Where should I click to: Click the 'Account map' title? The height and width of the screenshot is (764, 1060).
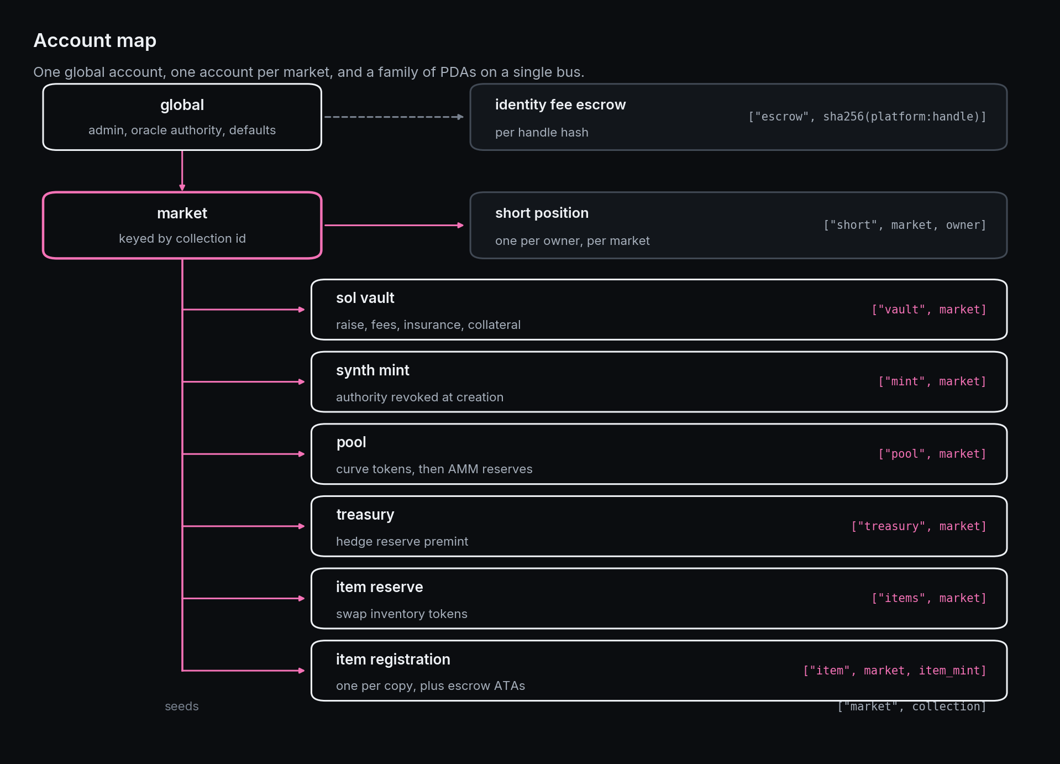[95, 40]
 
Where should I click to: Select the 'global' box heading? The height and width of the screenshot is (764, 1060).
[182, 105]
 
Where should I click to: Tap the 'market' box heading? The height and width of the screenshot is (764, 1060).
[182, 213]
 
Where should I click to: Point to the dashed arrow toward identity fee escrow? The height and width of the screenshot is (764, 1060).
[393, 117]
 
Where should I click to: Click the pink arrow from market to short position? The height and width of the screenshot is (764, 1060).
[393, 225]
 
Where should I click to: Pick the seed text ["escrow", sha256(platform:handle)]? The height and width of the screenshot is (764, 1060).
[867, 117]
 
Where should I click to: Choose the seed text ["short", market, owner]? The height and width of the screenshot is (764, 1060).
[905, 225]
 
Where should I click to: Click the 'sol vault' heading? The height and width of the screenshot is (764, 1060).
[365, 298]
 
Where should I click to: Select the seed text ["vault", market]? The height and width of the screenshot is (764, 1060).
[929, 310]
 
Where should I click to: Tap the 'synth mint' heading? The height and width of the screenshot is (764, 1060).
[372, 370]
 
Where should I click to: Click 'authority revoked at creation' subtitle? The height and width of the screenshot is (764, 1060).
[419, 397]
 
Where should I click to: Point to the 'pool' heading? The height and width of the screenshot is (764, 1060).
[351, 443]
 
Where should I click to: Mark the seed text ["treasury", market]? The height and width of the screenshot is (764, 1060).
[919, 526]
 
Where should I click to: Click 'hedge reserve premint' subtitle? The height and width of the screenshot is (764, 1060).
[402, 541]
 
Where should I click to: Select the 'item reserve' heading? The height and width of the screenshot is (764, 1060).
[379, 587]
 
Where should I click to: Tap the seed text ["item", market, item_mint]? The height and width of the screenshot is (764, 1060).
[895, 671]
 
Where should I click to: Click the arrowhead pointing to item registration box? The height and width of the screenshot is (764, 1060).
[302, 671]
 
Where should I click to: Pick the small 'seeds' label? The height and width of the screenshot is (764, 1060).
[181, 707]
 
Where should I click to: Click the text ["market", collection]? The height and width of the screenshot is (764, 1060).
[912, 707]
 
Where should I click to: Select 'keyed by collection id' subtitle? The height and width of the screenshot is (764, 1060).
[182, 239]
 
